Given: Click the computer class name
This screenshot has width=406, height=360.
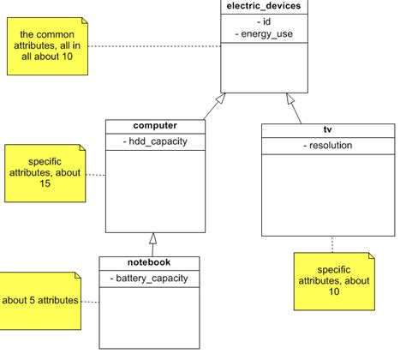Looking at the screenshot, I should tap(154, 126).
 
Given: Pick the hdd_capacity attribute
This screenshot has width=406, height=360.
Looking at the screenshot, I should tap(154, 141).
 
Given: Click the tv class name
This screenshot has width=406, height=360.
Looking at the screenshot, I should tap(327, 130).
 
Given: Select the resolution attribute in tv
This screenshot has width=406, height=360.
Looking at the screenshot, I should tap(327, 145).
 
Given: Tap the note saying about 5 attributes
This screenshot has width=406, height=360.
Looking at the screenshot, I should tap(40, 300).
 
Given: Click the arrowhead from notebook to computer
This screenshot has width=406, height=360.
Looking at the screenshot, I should tap(153, 238).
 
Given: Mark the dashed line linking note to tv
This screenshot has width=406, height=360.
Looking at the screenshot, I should tap(331, 242).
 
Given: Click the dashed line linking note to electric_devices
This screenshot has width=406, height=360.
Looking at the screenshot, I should tap(154, 45).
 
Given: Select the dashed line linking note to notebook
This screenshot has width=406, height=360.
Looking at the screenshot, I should tap(91, 301).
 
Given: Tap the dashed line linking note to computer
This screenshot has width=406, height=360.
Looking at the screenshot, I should tap(98, 176).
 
